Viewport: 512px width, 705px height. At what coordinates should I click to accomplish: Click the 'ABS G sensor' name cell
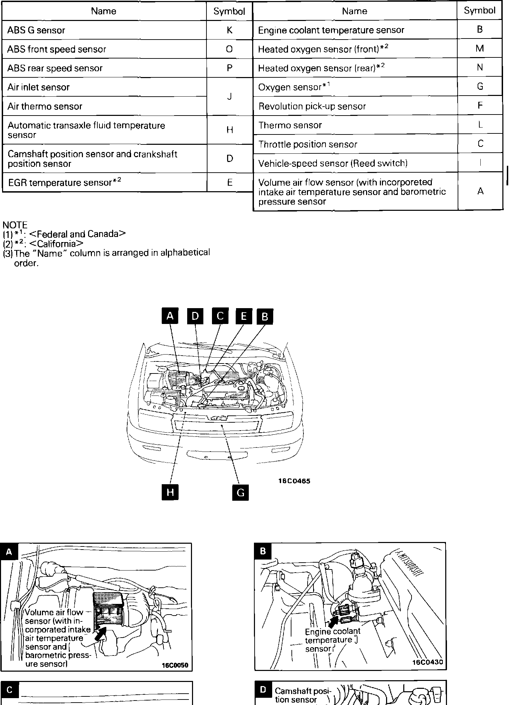[36, 30]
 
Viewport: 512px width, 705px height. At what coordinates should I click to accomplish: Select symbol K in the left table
[230, 30]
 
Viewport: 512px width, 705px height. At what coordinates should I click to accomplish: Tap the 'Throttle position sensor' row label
[308, 144]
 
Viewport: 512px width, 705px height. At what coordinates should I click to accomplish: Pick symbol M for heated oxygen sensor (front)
[480, 48]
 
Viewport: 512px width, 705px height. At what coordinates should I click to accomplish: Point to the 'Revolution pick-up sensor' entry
[312, 106]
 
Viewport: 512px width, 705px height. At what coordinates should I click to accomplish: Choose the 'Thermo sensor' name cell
[290, 125]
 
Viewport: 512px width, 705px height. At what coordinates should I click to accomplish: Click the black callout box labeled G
[240, 492]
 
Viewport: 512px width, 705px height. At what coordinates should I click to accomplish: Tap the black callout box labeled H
[170, 492]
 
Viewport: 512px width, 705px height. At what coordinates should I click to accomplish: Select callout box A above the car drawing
[170, 316]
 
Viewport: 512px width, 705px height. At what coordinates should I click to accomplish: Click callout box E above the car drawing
[244, 316]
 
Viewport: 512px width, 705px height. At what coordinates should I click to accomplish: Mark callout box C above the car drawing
[220, 316]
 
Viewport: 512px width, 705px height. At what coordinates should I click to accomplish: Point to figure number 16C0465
[294, 481]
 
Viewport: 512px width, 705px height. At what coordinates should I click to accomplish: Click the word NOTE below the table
[15, 225]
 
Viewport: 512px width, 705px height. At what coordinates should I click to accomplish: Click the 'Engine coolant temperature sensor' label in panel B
[332, 640]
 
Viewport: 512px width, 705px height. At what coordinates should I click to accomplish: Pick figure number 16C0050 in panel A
[175, 665]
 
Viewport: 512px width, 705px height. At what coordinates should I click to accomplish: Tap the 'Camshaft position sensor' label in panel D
[303, 695]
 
